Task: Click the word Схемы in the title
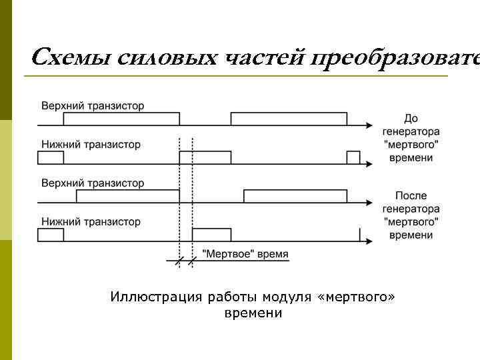(x=71, y=57)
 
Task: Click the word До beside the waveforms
(x=411, y=119)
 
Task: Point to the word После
(x=411, y=196)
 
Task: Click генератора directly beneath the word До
(x=411, y=131)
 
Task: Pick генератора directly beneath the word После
(x=411, y=209)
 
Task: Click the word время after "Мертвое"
(x=271, y=254)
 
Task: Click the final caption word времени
(x=253, y=313)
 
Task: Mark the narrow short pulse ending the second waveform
(x=353, y=157)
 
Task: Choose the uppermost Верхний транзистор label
(x=93, y=106)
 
